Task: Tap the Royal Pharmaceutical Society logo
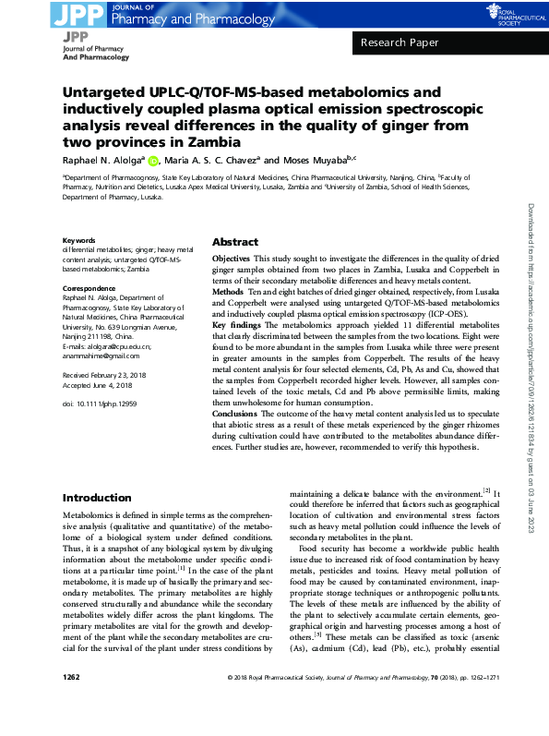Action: [x=502, y=14]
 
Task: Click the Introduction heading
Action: [x=97, y=498]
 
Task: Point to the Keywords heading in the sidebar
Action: [x=78, y=241]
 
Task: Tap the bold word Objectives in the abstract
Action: [x=232, y=259]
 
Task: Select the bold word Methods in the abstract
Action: [x=227, y=290]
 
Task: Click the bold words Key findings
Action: [x=237, y=326]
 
